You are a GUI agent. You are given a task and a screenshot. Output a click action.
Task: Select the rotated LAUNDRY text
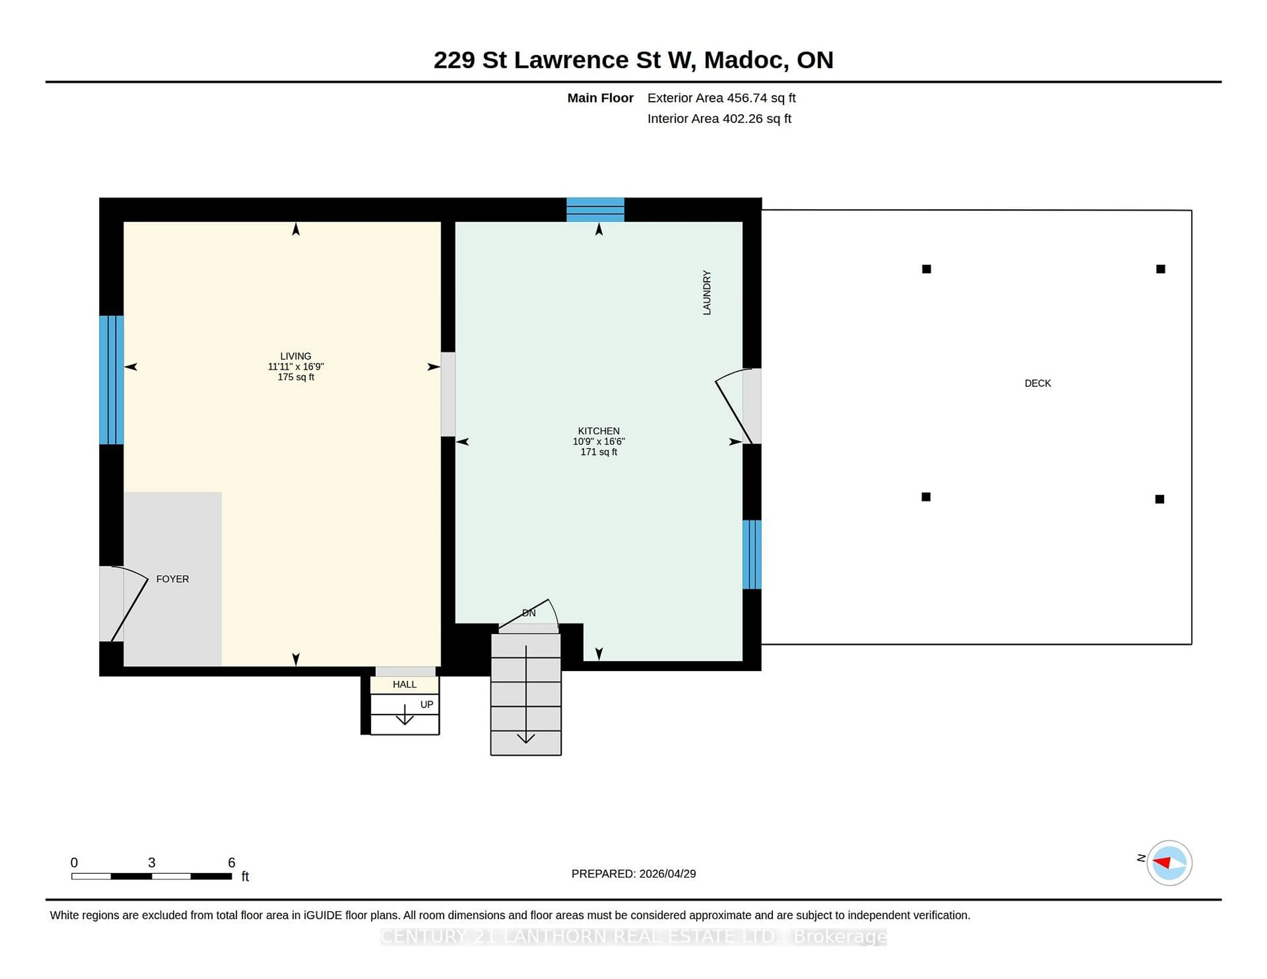click(707, 293)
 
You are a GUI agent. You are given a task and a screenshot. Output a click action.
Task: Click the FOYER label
click(172, 579)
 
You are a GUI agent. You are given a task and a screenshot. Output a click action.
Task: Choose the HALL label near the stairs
click(404, 684)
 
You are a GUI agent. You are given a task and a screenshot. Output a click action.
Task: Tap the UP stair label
click(426, 705)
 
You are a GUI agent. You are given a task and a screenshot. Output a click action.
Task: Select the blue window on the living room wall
click(112, 380)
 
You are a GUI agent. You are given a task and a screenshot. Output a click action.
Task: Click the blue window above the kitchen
click(595, 209)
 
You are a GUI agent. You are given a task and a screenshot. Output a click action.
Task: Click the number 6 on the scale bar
click(232, 863)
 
